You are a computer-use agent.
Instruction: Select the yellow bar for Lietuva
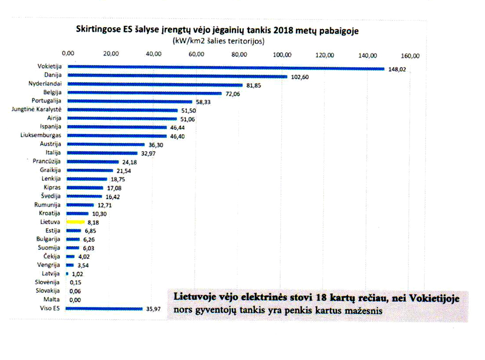(75, 223)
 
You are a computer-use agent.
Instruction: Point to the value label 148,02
(396, 70)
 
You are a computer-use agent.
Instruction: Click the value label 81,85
(254, 86)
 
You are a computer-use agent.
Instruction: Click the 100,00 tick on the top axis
(282, 55)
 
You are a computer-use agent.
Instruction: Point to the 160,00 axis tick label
(411, 55)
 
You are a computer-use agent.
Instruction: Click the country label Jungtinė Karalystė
(36, 109)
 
